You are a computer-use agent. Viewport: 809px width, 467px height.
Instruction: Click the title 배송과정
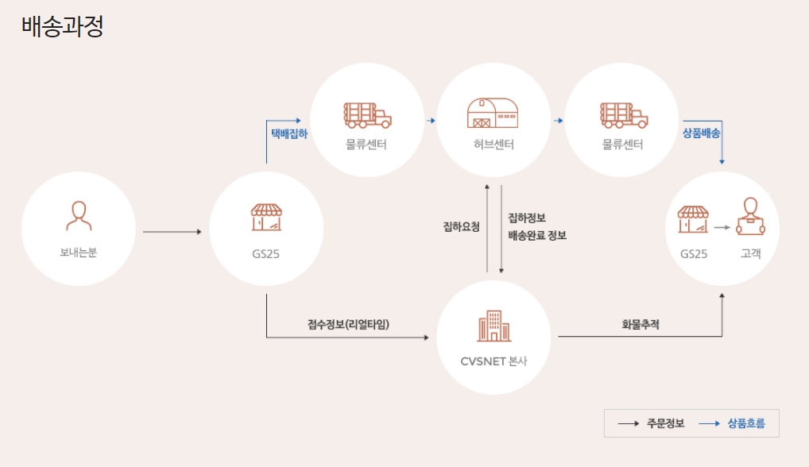[63, 26]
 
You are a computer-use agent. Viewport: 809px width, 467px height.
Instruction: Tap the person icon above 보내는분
[78, 214]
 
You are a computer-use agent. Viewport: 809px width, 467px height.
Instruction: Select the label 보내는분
[78, 253]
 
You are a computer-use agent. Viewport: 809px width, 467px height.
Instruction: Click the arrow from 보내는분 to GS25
[172, 232]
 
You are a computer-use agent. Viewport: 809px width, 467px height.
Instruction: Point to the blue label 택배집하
[289, 133]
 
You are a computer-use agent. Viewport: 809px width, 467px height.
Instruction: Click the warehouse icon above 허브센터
[494, 114]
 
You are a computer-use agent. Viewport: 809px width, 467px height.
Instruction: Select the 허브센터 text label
[494, 145]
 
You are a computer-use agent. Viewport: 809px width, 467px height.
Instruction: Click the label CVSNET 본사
[494, 361]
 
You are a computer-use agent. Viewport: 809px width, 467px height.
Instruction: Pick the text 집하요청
[461, 226]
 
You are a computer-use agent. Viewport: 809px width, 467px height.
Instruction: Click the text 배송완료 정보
[537, 236]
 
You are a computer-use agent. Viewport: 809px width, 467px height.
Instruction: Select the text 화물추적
[641, 324]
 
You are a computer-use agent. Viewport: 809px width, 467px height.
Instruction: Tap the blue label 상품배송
[701, 133]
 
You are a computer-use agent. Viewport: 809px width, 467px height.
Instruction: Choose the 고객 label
[750, 254]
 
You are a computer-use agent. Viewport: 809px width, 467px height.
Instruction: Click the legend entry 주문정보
[665, 423]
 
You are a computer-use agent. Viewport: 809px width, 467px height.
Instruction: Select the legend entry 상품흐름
[746, 423]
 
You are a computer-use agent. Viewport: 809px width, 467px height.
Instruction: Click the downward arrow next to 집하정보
[501, 230]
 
